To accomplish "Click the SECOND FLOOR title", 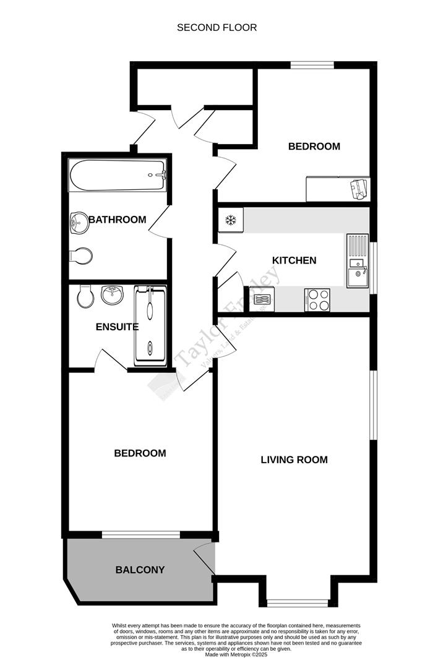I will [x=217, y=27].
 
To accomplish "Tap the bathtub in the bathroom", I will [x=118, y=176].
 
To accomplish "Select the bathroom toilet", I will [x=81, y=255].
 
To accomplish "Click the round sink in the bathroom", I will [x=79, y=223].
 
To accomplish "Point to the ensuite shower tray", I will [x=150, y=325].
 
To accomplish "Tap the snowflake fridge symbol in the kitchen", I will [x=231, y=220].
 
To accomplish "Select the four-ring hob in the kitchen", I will [x=317, y=301].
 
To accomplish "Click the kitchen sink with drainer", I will [x=357, y=260].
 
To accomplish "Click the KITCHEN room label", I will [x=294, y=260].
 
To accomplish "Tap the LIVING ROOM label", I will [x=294, y=460].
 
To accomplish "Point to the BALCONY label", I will [x=140, y=570].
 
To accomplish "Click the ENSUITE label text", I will [x=116, y=327].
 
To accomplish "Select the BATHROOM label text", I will [x=117, y=220].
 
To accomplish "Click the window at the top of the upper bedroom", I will [x=312, y=64].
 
